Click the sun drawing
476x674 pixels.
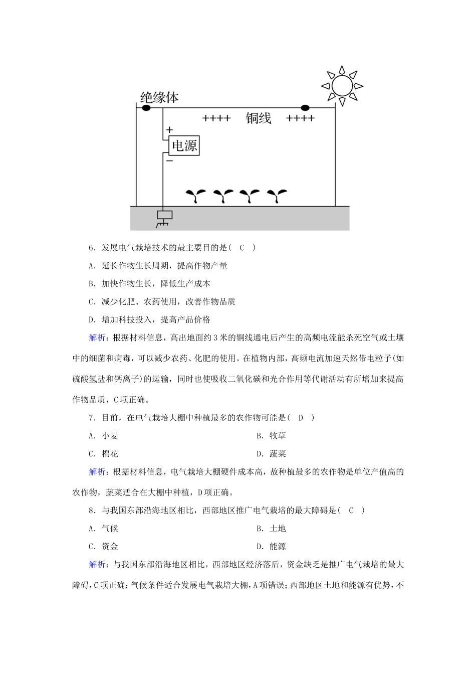tap(342, 85)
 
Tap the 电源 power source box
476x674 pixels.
tap(184, 145)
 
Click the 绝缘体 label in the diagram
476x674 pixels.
tap(159, 97)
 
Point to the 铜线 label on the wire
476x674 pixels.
tap(258, 118)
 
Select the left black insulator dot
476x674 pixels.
tap(146, 107)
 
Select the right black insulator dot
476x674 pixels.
tap(305, 107)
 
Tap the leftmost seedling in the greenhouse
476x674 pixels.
tap(195, 196)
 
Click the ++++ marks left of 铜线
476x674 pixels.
tap(216, 119)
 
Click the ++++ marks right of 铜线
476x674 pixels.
tap(300, 119)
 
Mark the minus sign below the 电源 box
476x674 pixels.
tap(169, 161)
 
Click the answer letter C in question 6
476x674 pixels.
tap(242, 247)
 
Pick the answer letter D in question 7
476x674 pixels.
tap(301, 418)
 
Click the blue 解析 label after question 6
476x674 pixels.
tap(98, 338)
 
